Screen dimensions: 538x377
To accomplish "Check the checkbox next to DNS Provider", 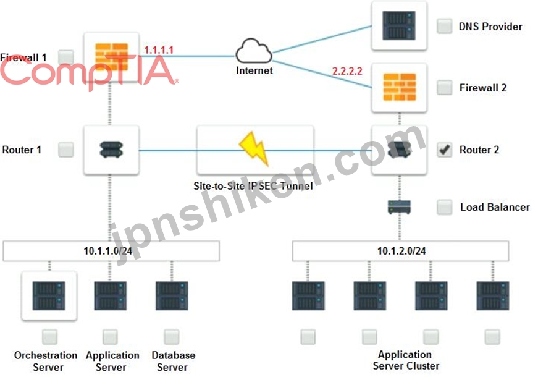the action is [444, 26].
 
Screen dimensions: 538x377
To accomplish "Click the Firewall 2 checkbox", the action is [444, 87].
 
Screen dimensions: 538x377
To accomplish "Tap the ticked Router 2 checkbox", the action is [444, 150].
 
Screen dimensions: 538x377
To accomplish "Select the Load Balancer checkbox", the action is [444, 207].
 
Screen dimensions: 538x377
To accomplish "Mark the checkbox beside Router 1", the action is [66, 150].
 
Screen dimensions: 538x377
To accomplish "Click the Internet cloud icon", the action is [254, 51].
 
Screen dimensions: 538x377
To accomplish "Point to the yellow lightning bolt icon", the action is [254, 148].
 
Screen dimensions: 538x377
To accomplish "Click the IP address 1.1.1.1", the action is [159, 50].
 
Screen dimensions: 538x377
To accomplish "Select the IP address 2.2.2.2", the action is [347, 70].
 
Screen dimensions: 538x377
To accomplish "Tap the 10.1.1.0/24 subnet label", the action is [107, 251].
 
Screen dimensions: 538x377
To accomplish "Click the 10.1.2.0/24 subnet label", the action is [401, 251].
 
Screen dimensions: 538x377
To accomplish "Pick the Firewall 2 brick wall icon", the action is [400, 87].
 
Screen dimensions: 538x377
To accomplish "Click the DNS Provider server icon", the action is [399, 25].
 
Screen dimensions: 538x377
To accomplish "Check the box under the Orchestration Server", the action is [50, 337].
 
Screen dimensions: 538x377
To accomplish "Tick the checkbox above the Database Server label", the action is [172, 337].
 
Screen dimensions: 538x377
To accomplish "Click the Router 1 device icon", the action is [111, 150].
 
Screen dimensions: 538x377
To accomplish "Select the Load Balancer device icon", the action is [399, 208].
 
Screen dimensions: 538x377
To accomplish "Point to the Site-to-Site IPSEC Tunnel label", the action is [253, 186].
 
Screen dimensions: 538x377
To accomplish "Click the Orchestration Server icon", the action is [49, 295].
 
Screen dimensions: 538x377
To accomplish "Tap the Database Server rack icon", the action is [172, 295].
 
